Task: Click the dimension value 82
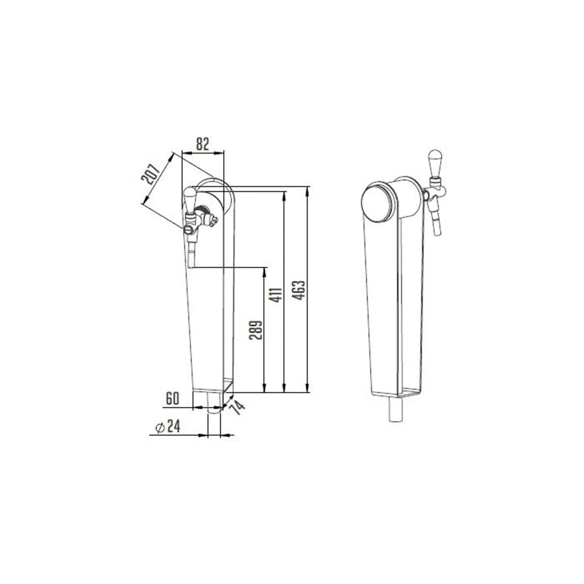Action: click(202, 144)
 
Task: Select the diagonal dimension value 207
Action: click(151, 174)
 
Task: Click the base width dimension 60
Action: click(172, 399)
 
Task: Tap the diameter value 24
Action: click(174, 427)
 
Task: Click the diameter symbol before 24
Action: click(159, 427)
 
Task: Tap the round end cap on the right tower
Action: click(378, 202)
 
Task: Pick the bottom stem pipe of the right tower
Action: click(395, 408)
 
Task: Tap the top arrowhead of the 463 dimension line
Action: click(309, 191)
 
